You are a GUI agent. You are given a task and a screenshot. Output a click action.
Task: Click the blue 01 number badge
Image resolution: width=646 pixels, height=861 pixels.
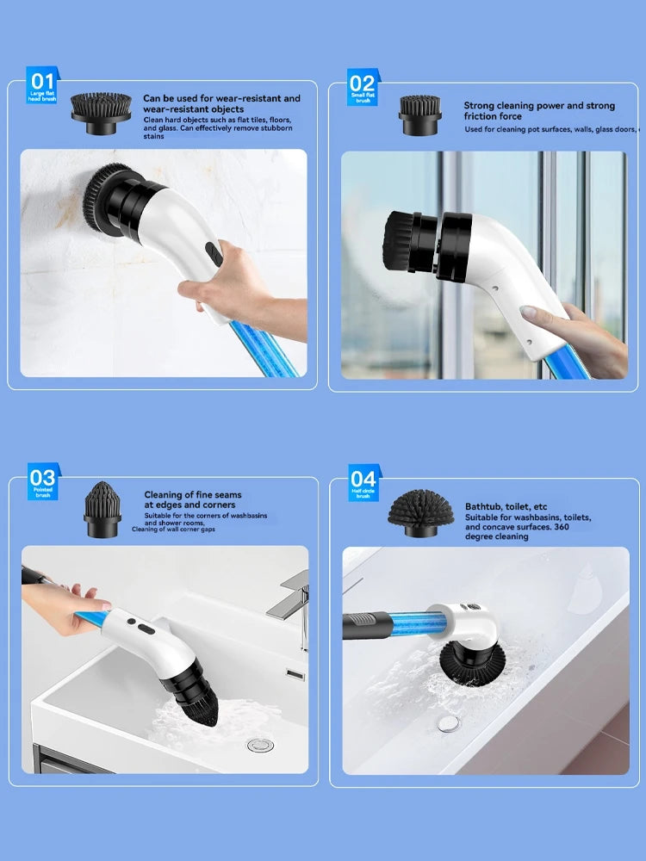tap(41, 86)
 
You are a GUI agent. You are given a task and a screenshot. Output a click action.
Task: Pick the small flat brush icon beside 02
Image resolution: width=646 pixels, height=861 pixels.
tap(419, 114)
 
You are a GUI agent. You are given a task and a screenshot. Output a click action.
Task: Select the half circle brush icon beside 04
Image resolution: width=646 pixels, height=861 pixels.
tap(421, 512)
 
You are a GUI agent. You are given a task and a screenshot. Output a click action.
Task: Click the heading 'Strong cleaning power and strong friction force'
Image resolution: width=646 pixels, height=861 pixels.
tap(539, 111)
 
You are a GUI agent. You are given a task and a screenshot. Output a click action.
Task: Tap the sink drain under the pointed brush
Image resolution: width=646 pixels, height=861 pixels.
tap(260, 744)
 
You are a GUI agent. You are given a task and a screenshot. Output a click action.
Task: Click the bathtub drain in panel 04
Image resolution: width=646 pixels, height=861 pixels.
tap(447, 724)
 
